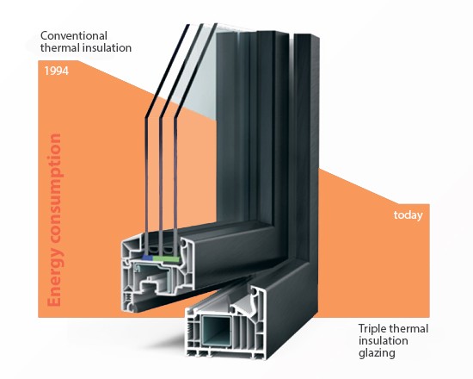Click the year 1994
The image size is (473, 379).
pos(57,71)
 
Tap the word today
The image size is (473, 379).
pos(408,215)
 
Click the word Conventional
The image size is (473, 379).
pos(74,35)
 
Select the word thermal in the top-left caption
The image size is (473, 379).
pos(58,47)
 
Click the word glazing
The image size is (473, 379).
pos(377,353)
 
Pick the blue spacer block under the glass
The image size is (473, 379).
pos(147,258)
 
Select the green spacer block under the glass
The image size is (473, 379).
pos(166,258)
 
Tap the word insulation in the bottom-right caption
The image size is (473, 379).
pos(383,341)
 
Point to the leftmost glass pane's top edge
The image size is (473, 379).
pos(187,25)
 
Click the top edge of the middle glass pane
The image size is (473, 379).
pos(201,24)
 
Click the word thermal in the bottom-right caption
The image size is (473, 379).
pos(408,329)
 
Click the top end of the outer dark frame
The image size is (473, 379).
pos(307,35)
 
